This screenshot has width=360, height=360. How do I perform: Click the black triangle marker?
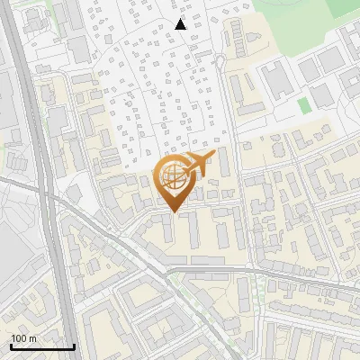tap(181, 24)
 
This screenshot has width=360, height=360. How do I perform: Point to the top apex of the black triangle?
tap(181, 19)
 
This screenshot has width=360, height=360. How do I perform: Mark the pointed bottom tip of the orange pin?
tap(173, 212)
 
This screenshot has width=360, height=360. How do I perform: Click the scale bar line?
tap(42, 346)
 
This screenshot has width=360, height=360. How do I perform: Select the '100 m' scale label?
tap(23, 338)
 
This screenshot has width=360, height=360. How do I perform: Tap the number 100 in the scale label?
tap(20, 338)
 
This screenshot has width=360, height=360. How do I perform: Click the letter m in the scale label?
tap(32, 338)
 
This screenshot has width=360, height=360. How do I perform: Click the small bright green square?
tap(304, 105)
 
